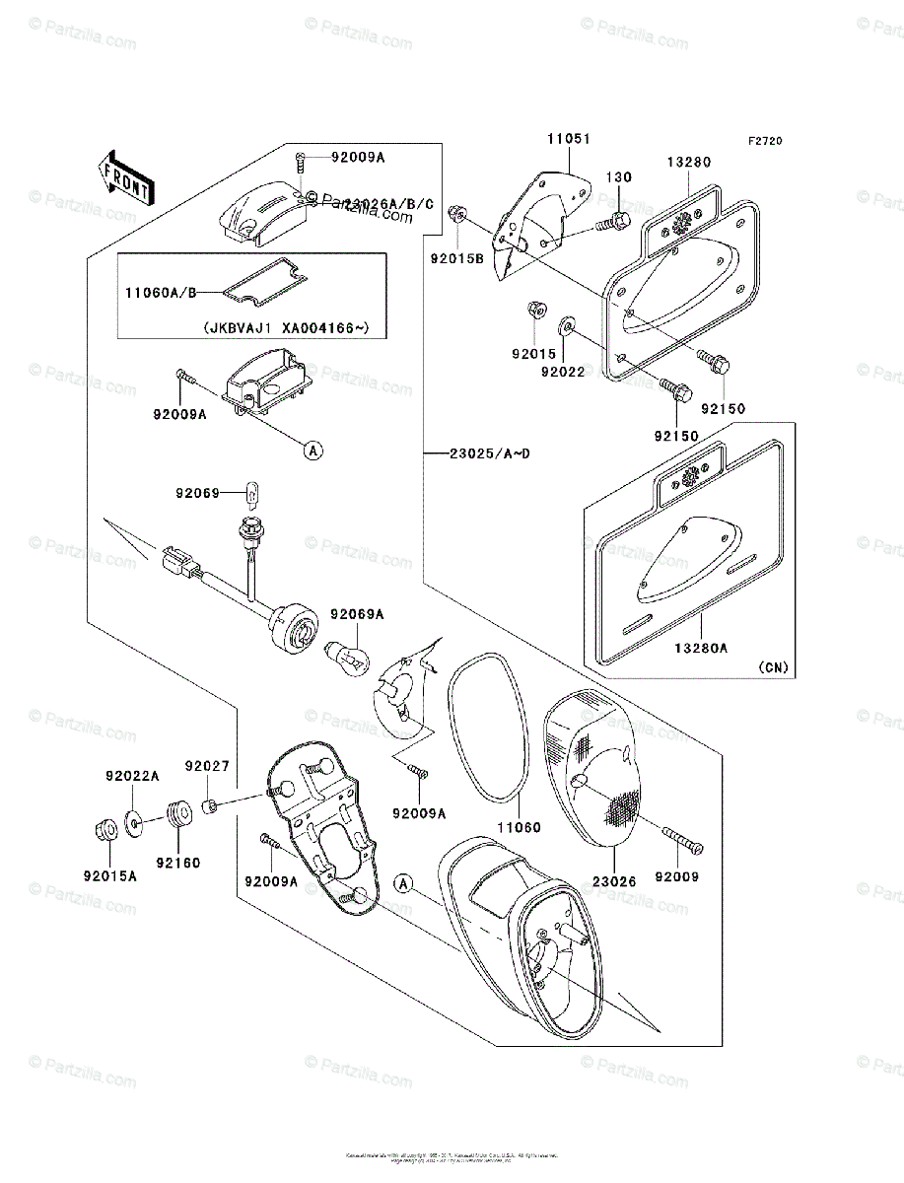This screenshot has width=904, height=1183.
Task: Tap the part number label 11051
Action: pyautogui.click(x=570, y=140)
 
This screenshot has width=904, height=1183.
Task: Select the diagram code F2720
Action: pyautogui.click(x=764, y=142)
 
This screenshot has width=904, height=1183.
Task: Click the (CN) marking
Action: pyautogui.click(x=774, y=667)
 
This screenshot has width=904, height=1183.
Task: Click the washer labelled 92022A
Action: pyautogui.click(x=133, y=820)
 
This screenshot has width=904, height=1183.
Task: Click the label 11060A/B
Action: pyautogui.click(x=162, y=292)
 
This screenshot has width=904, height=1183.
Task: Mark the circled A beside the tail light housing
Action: pyautogui.click(x=403, y=883)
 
